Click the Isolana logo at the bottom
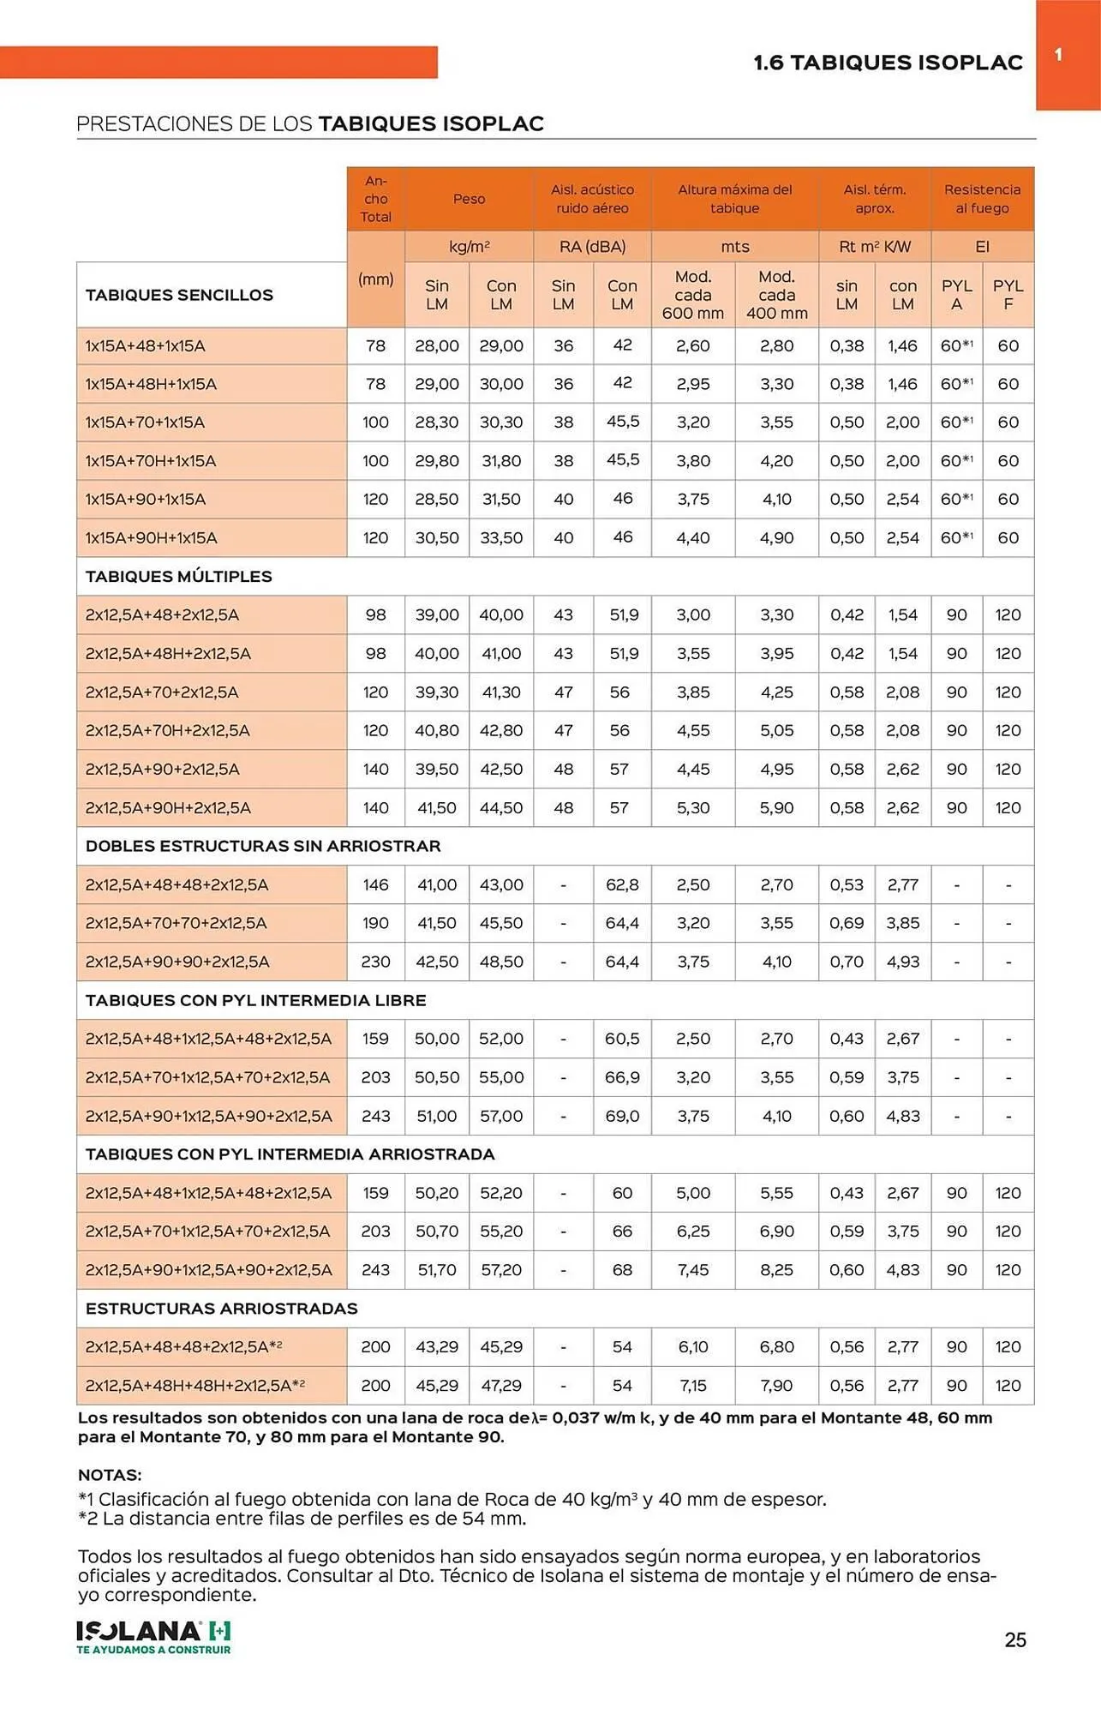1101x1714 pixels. tap(153, 1637)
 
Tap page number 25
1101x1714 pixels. tap(1015, 1639)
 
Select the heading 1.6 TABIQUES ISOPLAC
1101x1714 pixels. tap(888, 63)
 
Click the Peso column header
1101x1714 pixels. tap(469, 199)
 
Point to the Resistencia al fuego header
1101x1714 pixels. tap(982, 199)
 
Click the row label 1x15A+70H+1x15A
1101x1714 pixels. tap(151, 461)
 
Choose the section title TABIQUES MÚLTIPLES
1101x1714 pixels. tap(179, 577)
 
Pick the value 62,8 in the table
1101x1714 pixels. tap(622, 884)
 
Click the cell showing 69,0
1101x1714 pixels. tap(622, 1116)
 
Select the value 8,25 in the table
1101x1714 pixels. tap(776, 1269)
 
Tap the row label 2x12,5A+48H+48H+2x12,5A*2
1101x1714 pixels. tap(195, 1385)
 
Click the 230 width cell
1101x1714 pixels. tap(375, 962)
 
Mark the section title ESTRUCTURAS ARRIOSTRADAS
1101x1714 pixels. tap(222, 1309)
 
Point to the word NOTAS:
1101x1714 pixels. tap(110, 1475)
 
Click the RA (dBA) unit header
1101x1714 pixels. tap(592, 247)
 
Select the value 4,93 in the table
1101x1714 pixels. tap(902, 962)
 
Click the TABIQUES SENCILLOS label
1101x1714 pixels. tap(179, 295)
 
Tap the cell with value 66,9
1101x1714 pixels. tap(622, 1077)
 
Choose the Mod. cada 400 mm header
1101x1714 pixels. tap(776, 295)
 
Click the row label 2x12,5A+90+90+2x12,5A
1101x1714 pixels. tap(177, 962)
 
